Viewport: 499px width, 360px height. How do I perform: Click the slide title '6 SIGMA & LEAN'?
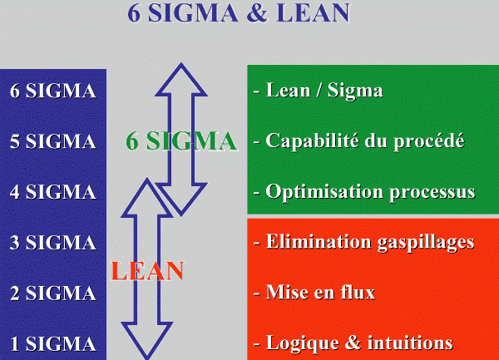point(239,12)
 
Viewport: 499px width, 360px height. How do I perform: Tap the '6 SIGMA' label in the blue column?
point(53,91)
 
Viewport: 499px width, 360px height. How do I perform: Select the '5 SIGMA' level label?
point(53,141)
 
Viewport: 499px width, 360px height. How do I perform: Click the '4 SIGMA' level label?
point(53,192)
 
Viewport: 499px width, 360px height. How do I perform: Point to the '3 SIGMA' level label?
point(53,243)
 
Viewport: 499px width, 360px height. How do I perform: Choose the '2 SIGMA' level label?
point(53,293)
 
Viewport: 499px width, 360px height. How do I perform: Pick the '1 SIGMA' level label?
point(53,343)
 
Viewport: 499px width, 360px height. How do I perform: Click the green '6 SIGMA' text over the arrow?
point(181,141)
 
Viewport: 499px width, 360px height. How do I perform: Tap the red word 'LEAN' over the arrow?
point(147,271)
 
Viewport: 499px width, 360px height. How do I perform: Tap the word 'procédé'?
point(428,141)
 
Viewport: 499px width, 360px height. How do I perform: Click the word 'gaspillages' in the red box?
point(426,243)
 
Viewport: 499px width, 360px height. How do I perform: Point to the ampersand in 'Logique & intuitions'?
point(353,343)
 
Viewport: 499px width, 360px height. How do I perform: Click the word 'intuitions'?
point(410,343)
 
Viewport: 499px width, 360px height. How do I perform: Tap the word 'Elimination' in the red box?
point(319,242)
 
